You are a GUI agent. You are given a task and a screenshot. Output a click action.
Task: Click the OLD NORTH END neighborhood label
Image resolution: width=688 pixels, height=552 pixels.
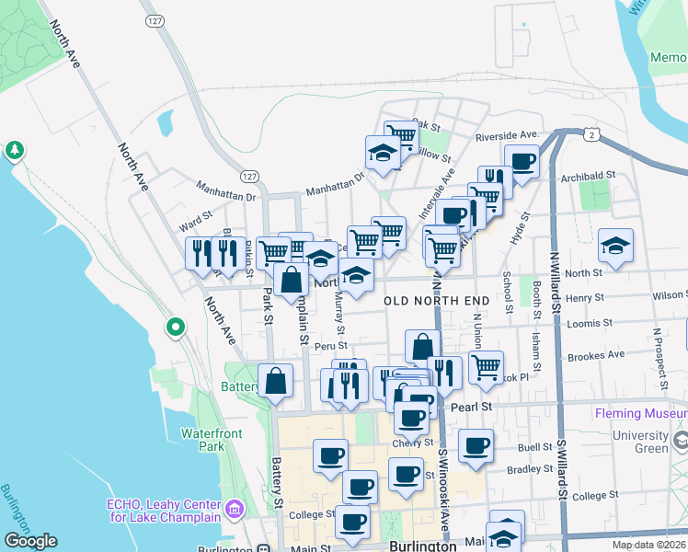coord(424,301)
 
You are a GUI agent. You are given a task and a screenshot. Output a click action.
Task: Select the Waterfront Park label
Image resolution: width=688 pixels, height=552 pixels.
coord(203,439)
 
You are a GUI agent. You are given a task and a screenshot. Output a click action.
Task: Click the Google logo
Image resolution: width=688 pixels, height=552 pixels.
coord(30,541)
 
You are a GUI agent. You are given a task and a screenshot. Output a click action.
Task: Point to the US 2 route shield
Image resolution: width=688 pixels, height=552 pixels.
coord(594,134)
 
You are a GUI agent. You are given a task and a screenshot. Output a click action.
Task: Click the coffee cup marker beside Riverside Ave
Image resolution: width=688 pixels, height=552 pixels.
coord(522,163)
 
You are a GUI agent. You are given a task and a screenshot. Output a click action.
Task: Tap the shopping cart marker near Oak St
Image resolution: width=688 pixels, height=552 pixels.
coord(400,135)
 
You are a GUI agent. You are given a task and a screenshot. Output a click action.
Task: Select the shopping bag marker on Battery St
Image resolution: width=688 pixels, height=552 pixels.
coord(276,380)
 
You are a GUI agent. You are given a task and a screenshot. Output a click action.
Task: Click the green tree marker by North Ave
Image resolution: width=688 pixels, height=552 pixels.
coord(14,149)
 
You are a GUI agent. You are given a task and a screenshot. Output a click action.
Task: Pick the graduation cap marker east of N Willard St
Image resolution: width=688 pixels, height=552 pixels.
coord(615,246)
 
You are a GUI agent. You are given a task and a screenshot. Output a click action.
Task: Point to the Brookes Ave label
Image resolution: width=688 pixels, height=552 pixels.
coord(596,355)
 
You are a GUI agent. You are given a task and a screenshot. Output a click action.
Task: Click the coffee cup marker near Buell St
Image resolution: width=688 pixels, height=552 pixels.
coord(476,447)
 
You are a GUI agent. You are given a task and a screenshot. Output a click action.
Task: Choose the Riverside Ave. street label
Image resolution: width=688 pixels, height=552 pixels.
coord(507,136)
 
